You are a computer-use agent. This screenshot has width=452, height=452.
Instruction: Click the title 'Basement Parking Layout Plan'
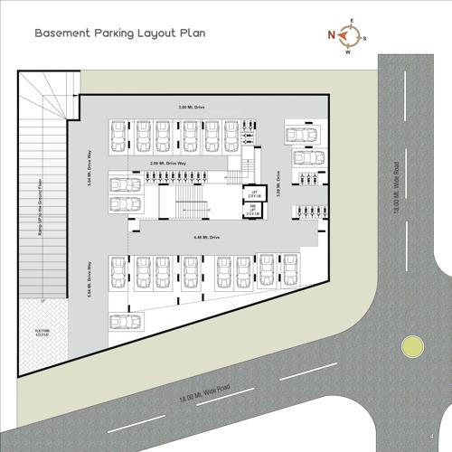(120, 33)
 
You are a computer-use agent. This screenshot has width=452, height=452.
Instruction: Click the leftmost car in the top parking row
(118, 137)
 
